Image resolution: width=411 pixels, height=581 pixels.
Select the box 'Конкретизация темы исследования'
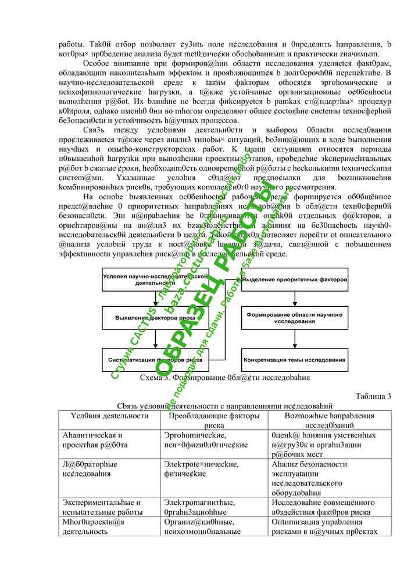click(x=294, y=360)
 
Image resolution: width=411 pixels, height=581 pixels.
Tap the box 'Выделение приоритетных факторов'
click(x=294, y=280)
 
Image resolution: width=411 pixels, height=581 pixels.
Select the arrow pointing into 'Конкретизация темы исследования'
click(x=294, y=340)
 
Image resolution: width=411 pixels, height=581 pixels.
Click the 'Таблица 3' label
click(x=373, y=396)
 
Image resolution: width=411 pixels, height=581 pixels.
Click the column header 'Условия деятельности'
click(x=109, y=416)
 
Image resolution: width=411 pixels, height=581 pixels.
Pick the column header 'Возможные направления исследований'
click(x=329, y=421)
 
